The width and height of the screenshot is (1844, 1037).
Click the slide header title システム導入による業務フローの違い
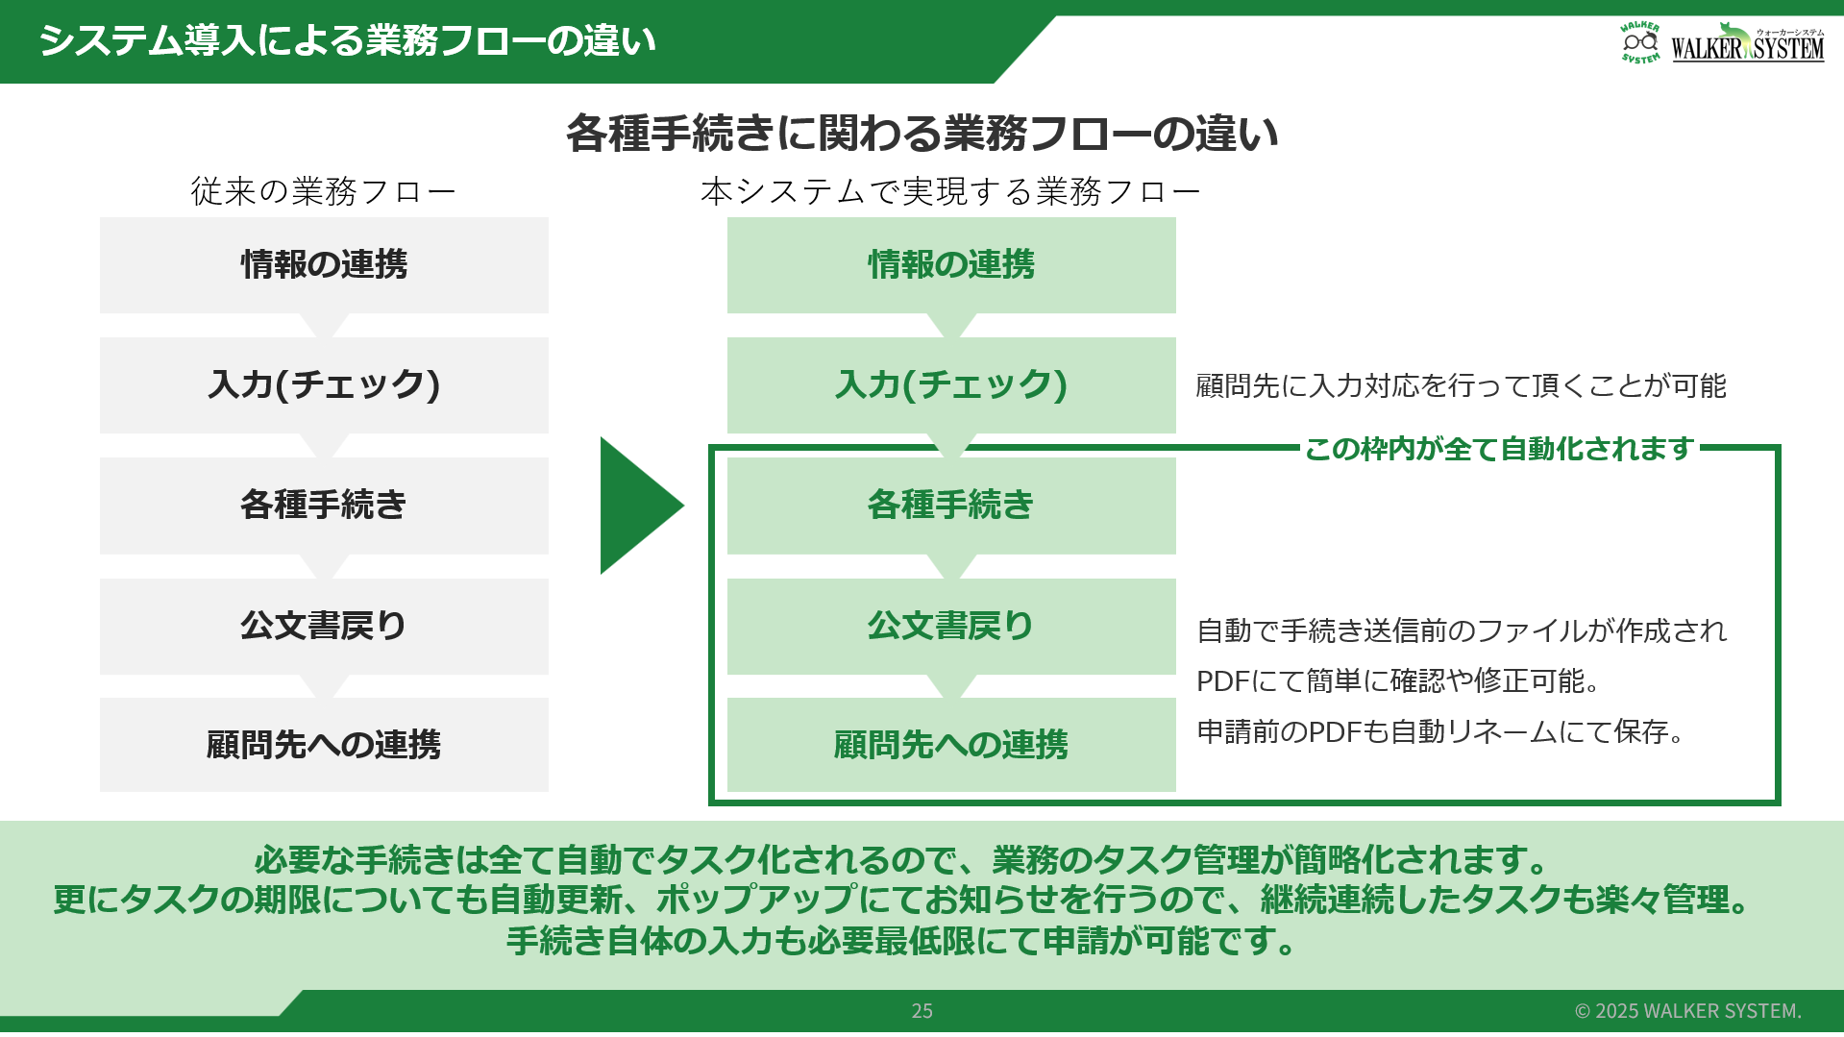click(x=347, y=40)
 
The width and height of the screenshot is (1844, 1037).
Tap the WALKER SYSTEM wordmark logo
click(x=1748, y=44)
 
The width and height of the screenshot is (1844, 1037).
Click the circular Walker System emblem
click(x=1640, y=42)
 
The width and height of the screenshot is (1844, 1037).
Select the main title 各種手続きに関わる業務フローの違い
click(x=922, y=133)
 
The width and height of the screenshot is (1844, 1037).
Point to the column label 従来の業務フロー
click(x=323, y=191)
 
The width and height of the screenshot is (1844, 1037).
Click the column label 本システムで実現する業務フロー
click(x=950, y=191)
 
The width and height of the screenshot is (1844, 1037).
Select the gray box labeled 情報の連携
click(x=324, y=265)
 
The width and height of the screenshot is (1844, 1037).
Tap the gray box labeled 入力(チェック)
click(x=324, y=385)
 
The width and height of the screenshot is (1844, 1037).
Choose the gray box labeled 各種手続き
click(x=324, y=506)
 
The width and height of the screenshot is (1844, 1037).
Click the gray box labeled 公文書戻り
click(x=324, y=627)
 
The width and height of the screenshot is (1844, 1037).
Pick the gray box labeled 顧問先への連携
click(x=324, y=745)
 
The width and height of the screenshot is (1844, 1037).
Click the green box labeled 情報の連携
click(x=951, y=265)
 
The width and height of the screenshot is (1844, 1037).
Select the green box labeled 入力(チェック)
click(x=951, y=385)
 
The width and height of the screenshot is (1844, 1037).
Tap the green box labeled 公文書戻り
click(x=951, y=627)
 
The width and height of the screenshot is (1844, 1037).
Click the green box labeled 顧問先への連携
click(x=951, y=745)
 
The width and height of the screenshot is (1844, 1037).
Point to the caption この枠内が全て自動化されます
click(x=1499, y=449)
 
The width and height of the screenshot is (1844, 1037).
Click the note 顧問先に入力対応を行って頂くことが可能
click(x=1461, y=385)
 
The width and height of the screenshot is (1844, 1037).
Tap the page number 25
click(x=922, y=1011)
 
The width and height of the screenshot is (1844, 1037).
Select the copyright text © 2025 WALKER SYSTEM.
click(x=1688, y=1011)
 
